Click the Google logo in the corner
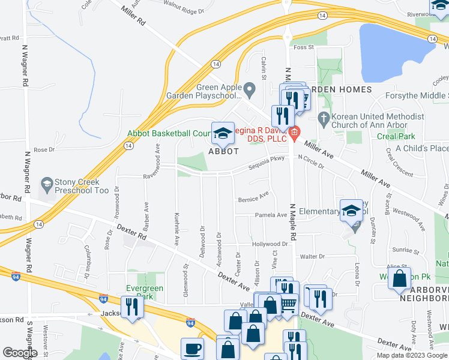[x=20, y=353]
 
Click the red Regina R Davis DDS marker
[x=294, y=133]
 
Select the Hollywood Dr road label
[x=270, y=244]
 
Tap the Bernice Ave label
[x=253, y=197]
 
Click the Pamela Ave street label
[x=271, y=215]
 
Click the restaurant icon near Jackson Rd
[x=131, y=307]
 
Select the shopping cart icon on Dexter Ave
[x=289, y=304]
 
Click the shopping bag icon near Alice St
[x=400, y=279]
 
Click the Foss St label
[x=304, y=47]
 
